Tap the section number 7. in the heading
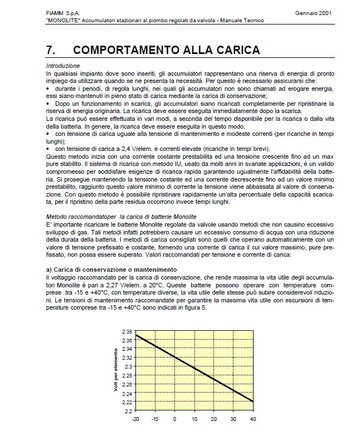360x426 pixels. pyautogui.click(x=52, y=50)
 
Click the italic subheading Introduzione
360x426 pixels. pyautogui.click(x=63, y=66)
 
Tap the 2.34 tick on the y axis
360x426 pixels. pyautogui.click(x=127, y=349)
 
